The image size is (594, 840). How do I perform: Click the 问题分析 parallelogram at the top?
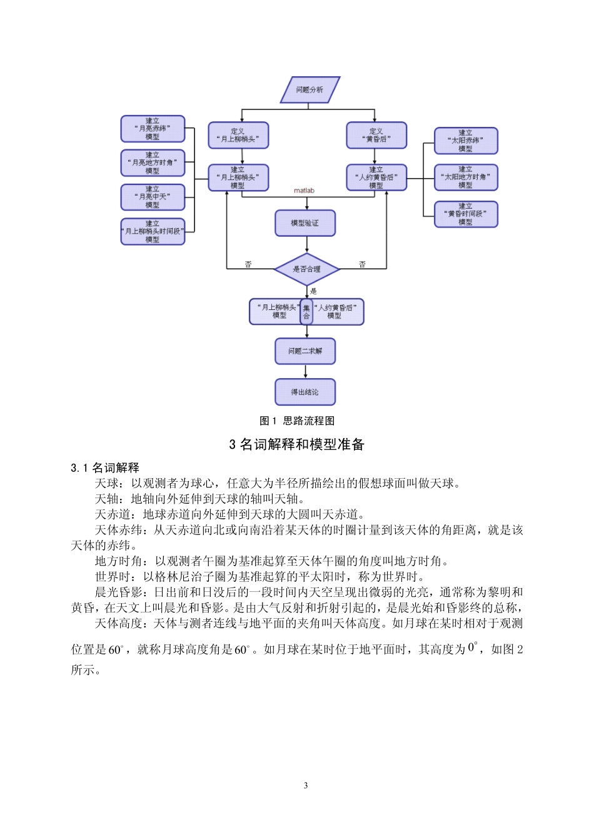click(x=310, y=90)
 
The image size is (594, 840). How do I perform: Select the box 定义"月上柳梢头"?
click(x=238, y=136)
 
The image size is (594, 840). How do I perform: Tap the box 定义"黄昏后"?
click(x=376, y=136)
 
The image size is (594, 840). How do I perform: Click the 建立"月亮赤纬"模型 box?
click(x=153, y=129)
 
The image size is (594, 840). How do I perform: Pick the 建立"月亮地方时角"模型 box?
click(x=153, y=163)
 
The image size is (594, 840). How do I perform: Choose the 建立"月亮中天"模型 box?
click(x=153, y=197)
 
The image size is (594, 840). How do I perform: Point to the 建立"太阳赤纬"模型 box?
click(x=466, y=141)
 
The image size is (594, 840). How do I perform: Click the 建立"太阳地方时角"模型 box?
click(x=466, y=177)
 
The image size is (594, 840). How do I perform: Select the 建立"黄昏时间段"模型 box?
click(x=466, y=214)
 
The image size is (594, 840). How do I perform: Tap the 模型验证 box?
click(x=305, y=223)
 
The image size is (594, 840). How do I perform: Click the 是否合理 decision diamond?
click(x=306, y=269)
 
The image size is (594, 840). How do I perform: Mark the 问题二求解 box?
click(x=305, y=351)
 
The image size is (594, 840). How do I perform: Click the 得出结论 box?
click(x=305, y=392)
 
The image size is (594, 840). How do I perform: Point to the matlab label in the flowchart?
click(x=305, y=191)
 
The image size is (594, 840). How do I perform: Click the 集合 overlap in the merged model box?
click(x=306, y=312)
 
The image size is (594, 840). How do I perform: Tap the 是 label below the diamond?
click(x=313, y=291)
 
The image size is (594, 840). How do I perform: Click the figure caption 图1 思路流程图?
click(x=297, y=421)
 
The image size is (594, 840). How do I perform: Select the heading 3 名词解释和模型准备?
click(x=297, y=444)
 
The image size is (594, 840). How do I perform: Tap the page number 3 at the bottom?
click(x=306, y=786)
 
